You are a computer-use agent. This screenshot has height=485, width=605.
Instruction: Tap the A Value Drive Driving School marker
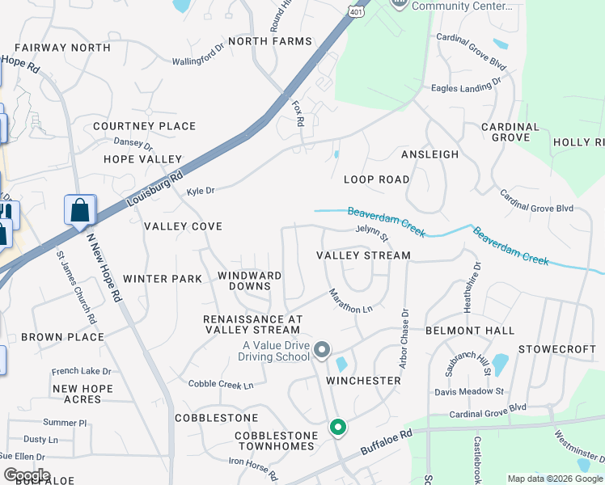(x=322, y=350)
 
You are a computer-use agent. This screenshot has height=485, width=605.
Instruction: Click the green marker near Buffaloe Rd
(x=337, y=428)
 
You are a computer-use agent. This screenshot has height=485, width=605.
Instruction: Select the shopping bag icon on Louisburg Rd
(x=80, y=211)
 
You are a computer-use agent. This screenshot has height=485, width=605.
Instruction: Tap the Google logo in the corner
(x=26, y=475)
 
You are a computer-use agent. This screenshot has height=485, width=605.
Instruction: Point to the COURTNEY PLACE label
(x=144, y=126)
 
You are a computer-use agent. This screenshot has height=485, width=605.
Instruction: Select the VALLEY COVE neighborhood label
(x=183, y=227)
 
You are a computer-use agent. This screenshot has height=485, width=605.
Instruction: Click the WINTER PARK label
(x=163, y=279)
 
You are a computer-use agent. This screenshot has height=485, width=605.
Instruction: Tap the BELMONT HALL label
(x=470, y=331)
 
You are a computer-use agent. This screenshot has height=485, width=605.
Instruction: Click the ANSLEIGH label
(x=429, y=154)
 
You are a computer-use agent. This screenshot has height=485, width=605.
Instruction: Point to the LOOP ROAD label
(x=376, y=179)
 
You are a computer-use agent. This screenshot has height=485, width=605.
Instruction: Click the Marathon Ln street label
(x=349, y=301)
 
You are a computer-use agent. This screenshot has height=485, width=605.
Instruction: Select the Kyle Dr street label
(x=201, y=192)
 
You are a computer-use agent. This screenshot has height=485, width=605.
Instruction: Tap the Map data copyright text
(x=555, y=479)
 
